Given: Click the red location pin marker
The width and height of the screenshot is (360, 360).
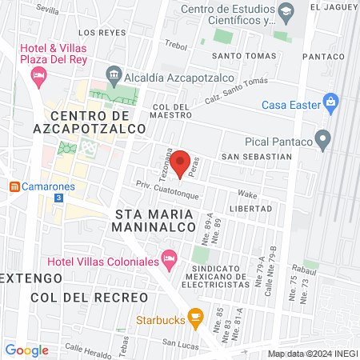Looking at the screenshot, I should click(180, 162).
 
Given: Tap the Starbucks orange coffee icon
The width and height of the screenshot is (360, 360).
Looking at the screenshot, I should click(194, 318).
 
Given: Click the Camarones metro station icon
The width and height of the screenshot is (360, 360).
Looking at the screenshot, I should click(14, 186).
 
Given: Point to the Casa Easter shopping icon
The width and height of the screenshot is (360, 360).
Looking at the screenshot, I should click(331, 102).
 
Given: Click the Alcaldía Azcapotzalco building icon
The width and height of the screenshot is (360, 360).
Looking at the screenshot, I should click(114, 78).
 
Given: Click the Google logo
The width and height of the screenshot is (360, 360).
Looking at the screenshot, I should click(26, 350).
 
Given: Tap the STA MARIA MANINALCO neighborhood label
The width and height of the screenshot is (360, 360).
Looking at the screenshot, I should click(155, 221).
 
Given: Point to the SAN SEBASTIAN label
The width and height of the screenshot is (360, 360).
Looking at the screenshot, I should click(252, 156).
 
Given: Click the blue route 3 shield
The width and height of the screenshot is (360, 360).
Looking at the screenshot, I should click(58, 196).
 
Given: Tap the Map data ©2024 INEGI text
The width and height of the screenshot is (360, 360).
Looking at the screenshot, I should click(312, 354).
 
